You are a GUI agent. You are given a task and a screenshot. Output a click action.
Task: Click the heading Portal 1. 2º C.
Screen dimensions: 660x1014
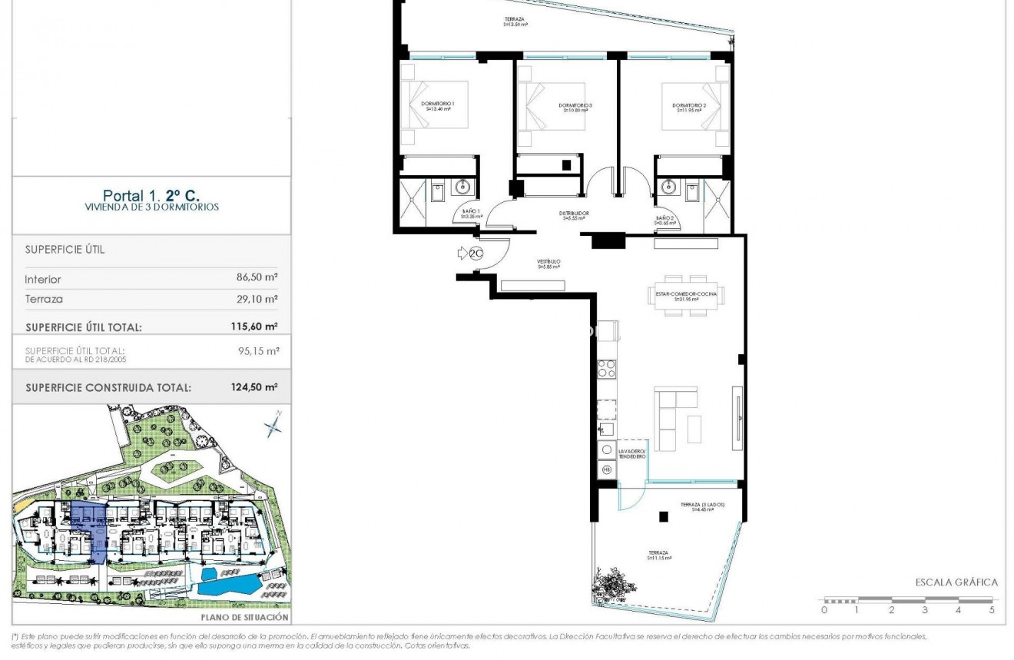tap(151, 196)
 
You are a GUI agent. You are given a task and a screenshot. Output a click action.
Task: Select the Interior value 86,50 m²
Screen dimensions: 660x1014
tap(257, 280)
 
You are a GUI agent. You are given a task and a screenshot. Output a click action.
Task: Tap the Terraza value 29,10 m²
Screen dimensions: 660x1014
tap(257, 300)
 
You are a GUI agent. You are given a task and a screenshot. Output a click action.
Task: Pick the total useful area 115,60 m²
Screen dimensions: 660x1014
tap(254, 327)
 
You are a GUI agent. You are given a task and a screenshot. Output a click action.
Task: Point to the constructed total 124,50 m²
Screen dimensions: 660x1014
tap(254, 388)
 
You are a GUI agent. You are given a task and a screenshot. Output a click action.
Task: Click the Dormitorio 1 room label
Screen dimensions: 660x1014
tap(438, 107)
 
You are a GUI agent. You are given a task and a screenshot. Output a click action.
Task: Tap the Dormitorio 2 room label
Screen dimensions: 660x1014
tap(689, 107)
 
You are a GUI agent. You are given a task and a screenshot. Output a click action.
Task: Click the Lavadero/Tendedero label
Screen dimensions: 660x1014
tap(633, 453)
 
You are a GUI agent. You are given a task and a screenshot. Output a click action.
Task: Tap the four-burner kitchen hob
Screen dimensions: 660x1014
tap(607, 369)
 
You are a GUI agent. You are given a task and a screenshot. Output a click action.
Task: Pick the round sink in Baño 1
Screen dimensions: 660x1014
tap(463, 187)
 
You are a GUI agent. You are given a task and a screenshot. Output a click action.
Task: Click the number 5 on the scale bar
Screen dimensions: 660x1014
tap(992, 611)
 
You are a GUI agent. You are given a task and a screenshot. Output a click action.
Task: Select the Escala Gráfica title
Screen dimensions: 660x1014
tap(956, 582)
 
